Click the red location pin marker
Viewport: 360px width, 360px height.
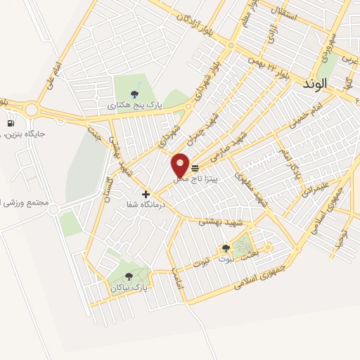[x=181, y=166]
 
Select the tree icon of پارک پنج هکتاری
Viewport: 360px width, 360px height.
[x=134, y=93]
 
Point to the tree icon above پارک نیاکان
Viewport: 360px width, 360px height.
[x=128, y=276]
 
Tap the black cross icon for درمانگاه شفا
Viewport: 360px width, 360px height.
[x=146, y=194]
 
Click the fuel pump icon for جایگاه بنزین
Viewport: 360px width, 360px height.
[x=11, y=124]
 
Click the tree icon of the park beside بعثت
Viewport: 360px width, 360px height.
[x=226, y=248]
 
